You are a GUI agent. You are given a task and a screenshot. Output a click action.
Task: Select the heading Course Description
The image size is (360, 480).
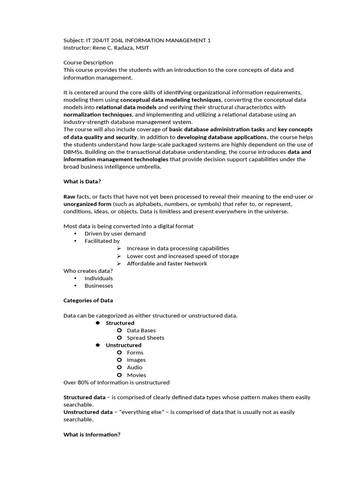88,62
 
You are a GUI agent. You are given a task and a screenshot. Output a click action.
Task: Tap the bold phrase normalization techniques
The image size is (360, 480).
97,114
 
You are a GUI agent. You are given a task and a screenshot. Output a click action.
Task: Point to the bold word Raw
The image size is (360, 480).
69,196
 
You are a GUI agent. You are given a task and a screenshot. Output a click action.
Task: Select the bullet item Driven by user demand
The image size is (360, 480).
115,233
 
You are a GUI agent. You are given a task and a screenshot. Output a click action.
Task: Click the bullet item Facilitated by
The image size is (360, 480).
102,241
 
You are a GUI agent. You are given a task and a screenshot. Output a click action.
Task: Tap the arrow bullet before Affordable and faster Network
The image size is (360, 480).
120,263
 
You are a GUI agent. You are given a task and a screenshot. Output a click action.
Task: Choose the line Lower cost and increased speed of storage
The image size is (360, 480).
182,256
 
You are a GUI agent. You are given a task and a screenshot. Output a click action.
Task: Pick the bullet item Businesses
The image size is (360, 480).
98,285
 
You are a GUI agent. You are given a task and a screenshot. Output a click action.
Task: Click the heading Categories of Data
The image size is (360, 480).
88,300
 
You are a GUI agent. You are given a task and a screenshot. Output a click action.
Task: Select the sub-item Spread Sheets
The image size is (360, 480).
145,337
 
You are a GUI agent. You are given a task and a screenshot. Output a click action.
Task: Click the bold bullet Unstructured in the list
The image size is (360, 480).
123,345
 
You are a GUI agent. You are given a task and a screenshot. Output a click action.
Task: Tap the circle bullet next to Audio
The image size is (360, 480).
120,367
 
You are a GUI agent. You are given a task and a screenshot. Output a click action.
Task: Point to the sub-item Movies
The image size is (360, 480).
136,375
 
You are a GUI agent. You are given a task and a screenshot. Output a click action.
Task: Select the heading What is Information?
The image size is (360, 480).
92,435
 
